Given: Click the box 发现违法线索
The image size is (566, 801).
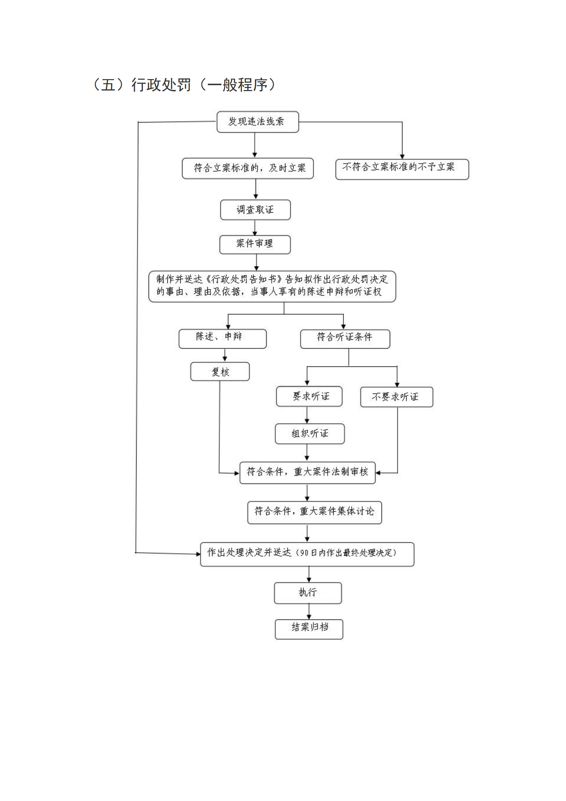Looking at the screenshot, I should click(258, 122).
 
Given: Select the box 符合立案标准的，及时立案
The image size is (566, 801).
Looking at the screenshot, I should click(247, 168).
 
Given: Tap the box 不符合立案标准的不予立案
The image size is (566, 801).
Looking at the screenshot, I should click(402, 169).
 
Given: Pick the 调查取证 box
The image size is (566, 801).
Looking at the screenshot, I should click(255, 210).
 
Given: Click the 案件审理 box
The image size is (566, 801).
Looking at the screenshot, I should click(255, 244).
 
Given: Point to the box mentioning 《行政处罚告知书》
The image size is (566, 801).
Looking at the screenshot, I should click(272, 286).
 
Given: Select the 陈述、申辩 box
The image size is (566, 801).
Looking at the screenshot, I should click(222, 338).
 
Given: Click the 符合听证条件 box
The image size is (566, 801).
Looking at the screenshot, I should click(345, 338).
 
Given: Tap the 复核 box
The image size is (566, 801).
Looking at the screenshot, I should click(220, 372).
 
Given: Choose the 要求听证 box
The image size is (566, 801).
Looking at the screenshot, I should click(309, 396).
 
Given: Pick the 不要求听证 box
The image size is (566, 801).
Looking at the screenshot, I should click(396, 397).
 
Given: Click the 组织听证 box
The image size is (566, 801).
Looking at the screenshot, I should click(309, 434).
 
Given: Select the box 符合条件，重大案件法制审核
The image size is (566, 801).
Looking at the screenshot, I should click(307, 473).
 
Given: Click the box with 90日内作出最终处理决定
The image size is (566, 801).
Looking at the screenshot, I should click(307, 554).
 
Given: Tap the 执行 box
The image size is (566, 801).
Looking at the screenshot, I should click(308, 593).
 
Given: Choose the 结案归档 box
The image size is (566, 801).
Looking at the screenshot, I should click(309, 629).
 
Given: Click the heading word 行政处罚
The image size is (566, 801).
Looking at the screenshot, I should click(161, 85).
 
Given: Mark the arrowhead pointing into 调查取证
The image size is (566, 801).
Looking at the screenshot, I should click(256, 197).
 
